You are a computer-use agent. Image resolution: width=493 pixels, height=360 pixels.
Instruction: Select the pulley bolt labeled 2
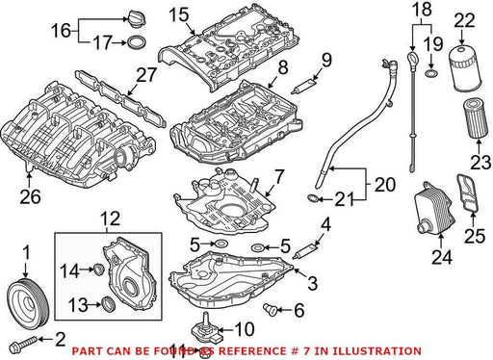[23, 344]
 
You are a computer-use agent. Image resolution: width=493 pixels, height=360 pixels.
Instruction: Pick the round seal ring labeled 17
[137, 42]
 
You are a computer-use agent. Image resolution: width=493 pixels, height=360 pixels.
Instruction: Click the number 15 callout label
[179, 15]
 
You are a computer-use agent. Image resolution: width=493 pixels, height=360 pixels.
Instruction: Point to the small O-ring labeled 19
[431, 74]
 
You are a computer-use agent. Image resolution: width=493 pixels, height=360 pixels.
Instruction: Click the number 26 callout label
[31, 196]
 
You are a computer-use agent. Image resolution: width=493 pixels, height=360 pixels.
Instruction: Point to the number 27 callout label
[146, 75]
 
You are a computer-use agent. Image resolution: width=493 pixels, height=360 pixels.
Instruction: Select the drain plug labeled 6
[270, 309]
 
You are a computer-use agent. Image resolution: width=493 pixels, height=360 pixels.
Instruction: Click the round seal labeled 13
[108, 305]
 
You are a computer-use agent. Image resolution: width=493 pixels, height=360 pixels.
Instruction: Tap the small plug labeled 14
[98, 270]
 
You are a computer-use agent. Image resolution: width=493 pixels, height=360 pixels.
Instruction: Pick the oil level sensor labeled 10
[206, 329]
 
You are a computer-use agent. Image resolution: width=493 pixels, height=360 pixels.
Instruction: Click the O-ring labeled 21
[314, 199]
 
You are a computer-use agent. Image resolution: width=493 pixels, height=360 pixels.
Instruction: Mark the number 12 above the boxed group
[111, 219]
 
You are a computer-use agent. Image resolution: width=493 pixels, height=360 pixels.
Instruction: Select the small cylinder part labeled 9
[303, 87]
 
